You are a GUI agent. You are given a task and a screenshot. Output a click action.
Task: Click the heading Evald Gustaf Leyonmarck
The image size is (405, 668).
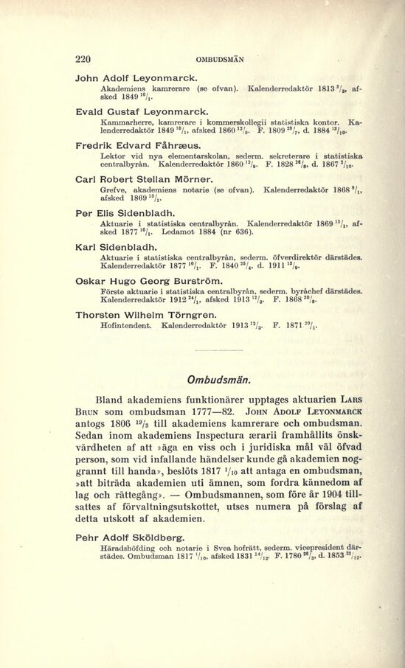pos(138,110)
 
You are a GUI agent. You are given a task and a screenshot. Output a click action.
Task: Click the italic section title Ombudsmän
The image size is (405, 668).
pos(220,380)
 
